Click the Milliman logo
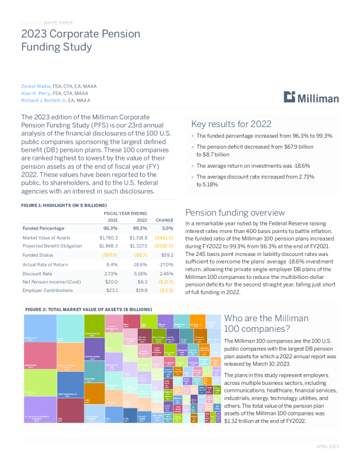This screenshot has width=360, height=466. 311,98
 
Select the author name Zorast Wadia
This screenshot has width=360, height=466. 33,86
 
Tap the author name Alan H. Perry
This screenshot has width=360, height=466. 34,93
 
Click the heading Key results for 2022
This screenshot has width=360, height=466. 231,124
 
